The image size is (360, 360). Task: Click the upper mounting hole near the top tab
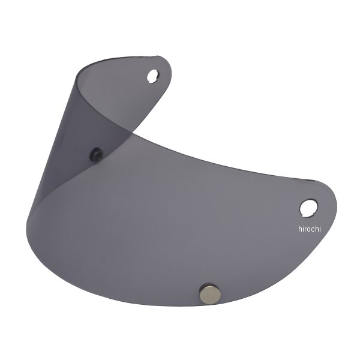(x=152, y=76)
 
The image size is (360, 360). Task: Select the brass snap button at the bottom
(x=209, y=293)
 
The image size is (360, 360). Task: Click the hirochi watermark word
(x=309, y=229)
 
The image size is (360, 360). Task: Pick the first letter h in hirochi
(x=300, y=229)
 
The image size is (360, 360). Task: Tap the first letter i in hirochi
(x=304, y=229)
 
